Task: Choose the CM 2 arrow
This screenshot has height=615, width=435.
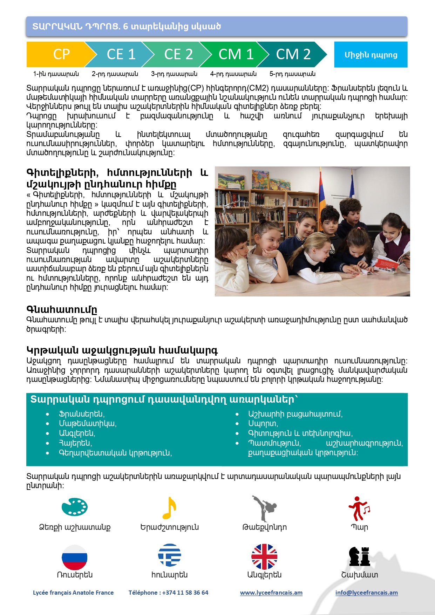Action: [x=293, y=54]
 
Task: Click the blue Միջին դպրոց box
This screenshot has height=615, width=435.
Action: [x=371, y=55]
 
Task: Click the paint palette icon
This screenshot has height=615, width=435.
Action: [x=74, y=507]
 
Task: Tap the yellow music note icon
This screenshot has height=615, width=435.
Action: [x=169, y=508]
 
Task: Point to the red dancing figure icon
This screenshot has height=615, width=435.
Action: [x=359, y=508]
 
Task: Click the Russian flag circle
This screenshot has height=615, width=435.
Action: [x=74, y=557]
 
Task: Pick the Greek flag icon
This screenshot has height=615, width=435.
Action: [x=169, y=555]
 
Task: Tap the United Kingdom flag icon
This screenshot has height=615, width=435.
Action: [x=264, y=556]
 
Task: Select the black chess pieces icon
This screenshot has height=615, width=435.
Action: [x=360, y=556]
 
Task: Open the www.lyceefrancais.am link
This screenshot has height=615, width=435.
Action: [x=271, y=593]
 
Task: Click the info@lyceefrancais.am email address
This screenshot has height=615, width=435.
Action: [x=366, y=593]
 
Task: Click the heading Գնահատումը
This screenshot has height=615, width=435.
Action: [x=62, y=309]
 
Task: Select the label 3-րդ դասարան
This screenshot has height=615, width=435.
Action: [x=174, y=74]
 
